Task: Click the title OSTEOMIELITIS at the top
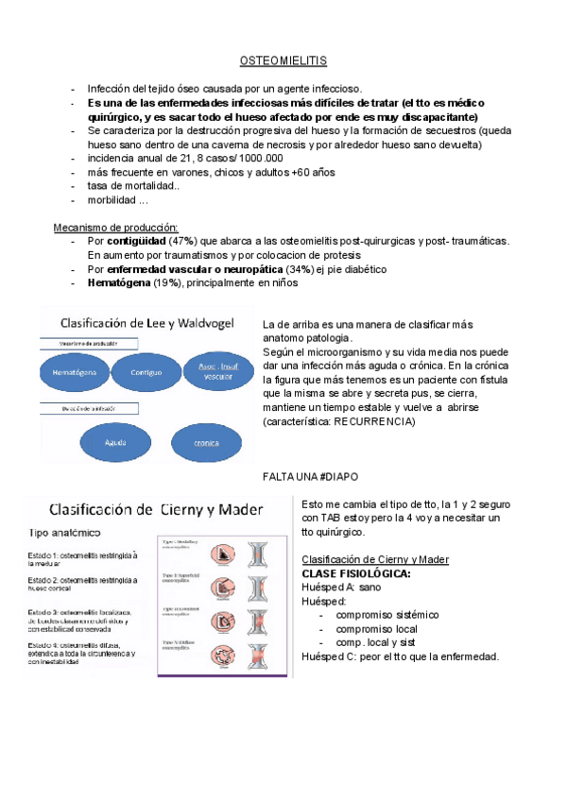(x=283, y=60)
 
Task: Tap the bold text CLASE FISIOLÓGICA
(x=355, y=573)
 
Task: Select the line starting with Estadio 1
(x=83, y=559)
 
